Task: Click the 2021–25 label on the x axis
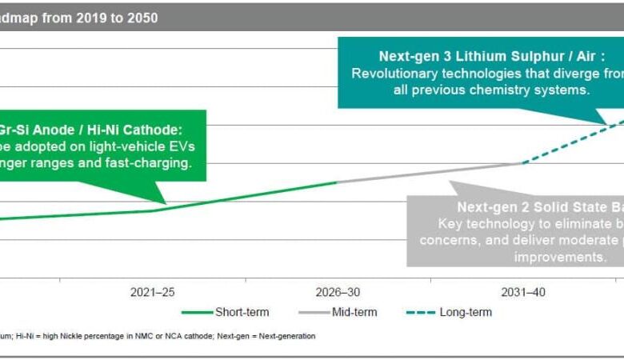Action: (x=152, y=293)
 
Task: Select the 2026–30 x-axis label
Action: (x=339, y=293)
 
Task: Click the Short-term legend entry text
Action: (x=242, y=312)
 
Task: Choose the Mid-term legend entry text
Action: (x=354, y=312)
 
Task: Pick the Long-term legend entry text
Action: (x=466, y=312)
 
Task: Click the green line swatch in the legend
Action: (x=197, y=312)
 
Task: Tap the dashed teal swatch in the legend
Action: (x=421, y=312)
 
